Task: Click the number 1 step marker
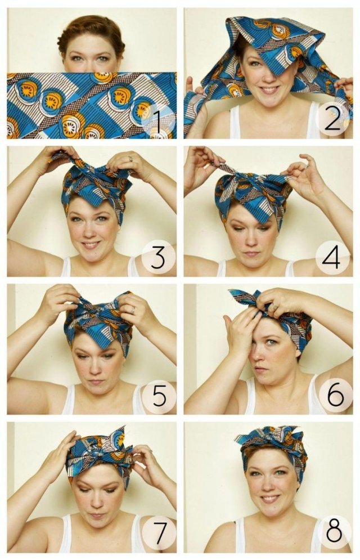point(157,120)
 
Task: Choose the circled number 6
point(336,396)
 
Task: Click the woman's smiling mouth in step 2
point(269,89)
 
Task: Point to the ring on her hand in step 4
point(307,167)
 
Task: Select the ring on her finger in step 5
point(133,309)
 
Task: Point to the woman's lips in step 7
point(96,515)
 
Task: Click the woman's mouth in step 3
point(91,245)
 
